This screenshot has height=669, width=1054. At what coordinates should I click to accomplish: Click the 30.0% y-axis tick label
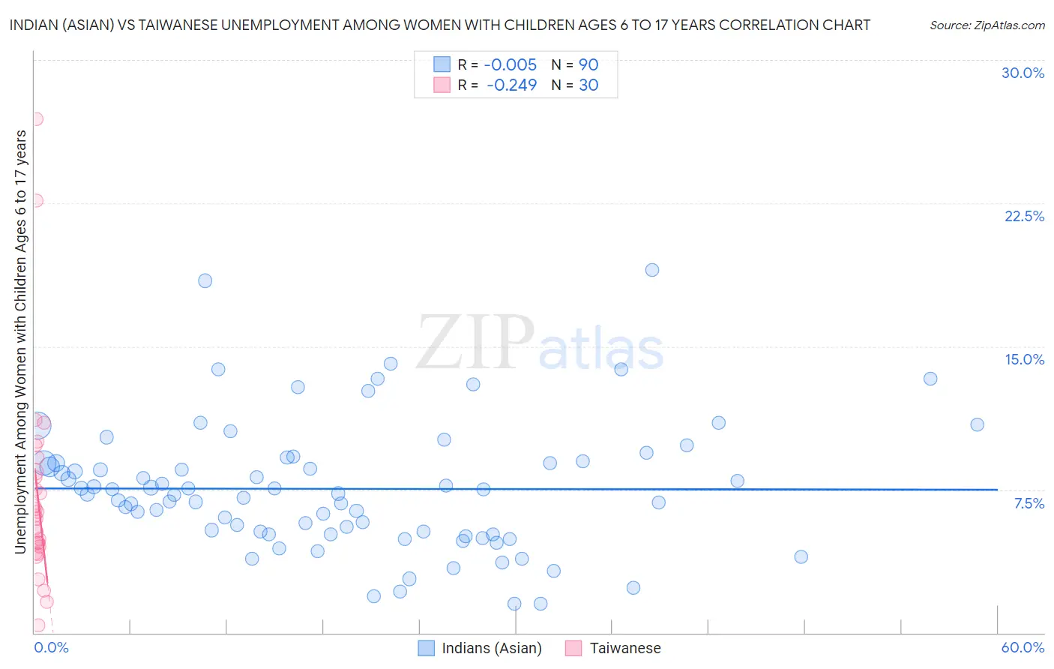click(x=1023, y=73)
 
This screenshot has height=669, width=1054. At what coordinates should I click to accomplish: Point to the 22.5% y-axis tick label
click(x=1024, y=216)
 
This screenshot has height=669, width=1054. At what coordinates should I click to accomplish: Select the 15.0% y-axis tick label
click(x=1024, y=359)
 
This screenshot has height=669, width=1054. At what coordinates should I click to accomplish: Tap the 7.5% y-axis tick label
click(x=1029, y=503)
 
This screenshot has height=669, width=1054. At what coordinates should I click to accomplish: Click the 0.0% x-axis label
click(x=51, y=647)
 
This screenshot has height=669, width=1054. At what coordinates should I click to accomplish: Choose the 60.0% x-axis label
click(x=1023, y=647)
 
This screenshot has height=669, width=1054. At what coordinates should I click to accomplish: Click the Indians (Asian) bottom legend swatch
click(x=427, y=648)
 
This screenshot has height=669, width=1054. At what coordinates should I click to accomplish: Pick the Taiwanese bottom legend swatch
click(x=574, y=648)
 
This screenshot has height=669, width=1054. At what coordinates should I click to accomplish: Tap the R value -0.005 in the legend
click(x=510, y=64)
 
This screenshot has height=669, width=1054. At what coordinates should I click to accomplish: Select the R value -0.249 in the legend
click(x=511, y=85)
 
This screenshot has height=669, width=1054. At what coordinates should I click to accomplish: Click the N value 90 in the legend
click(x=588, y=64)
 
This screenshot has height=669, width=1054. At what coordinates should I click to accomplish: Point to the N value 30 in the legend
click(x=588, y=85)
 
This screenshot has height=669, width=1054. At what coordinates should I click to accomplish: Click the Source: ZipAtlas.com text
click(x=987, y=25)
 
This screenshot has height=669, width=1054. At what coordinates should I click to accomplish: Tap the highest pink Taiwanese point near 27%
click(x=36, y=118)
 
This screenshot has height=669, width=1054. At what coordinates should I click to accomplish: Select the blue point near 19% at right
click(x=652, y=270)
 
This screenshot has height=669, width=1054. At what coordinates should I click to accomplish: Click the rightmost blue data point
click(x=977, y=424)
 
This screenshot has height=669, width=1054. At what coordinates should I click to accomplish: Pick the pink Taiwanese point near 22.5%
click(x=36, y=200)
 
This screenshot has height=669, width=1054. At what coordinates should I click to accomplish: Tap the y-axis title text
click(x=20, y=341)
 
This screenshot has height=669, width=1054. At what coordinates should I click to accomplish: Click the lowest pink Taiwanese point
click(x=38, y=625)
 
